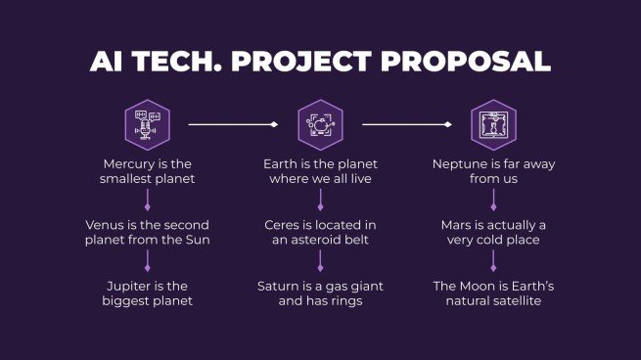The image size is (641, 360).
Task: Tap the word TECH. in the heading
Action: pos(174,61)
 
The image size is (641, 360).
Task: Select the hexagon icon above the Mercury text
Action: pos(147,124)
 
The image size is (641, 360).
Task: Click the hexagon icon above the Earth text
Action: pos(320,124)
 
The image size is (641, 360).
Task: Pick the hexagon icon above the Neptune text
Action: pos(493,124)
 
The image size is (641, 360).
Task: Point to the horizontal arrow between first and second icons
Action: pos(233,124)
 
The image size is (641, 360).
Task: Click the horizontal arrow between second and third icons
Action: pos(406,124)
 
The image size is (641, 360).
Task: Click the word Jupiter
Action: pos(131,286)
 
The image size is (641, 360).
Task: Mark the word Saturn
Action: pos(280,286)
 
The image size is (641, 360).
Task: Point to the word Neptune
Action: pos(462,164)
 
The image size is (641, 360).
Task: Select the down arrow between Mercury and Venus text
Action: pos(147,201)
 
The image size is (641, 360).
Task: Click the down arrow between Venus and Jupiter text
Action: pos(147,261)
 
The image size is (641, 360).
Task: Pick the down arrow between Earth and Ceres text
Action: pos(320,201)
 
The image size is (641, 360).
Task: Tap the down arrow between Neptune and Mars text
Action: pos(493,201)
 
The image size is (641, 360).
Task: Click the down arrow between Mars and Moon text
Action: pos(493,261)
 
